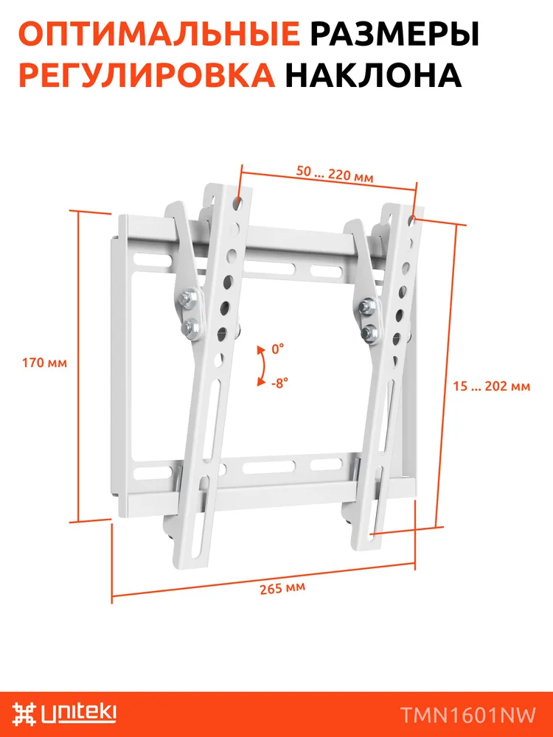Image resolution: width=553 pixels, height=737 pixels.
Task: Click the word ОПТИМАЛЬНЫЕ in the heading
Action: pos(159,35)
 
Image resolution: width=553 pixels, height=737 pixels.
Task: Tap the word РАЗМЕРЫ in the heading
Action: pos(395,35)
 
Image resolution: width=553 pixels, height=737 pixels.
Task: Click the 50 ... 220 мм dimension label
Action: pos(335,174)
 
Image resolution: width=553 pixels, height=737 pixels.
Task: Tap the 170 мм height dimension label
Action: pos(45,363)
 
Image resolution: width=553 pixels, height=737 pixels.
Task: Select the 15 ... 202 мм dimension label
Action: pos(492,386)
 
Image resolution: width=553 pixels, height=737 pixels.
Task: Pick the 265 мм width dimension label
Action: pos(282,588)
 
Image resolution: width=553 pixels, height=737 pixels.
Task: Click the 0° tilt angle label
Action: pos(278,349)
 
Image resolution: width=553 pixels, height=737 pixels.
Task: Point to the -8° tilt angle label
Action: pos(279,383)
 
